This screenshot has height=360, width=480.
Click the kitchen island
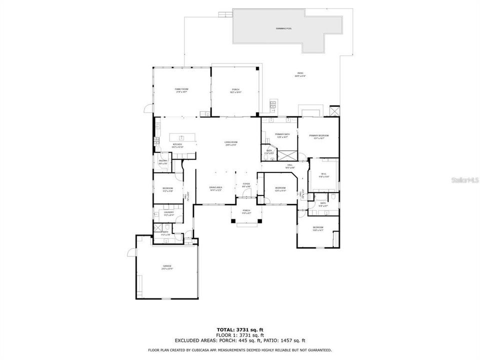point(179,137)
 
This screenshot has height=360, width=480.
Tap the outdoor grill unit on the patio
point(273,105)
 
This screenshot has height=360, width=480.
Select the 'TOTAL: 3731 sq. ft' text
point(239,329)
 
